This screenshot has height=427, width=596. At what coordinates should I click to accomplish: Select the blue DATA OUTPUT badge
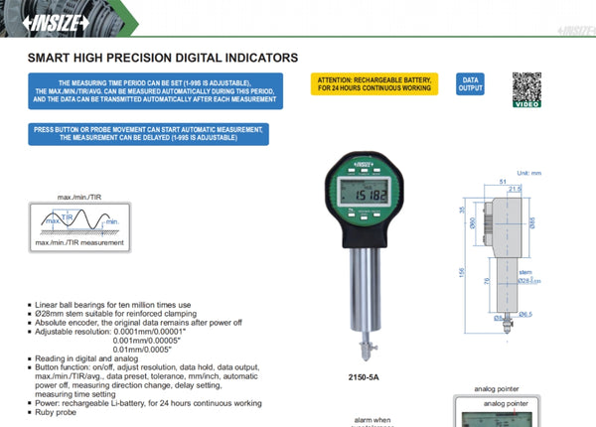(471, 83)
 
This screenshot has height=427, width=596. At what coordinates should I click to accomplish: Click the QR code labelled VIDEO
(526, 85)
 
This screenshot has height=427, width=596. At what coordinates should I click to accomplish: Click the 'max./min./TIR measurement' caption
(79, 242)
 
